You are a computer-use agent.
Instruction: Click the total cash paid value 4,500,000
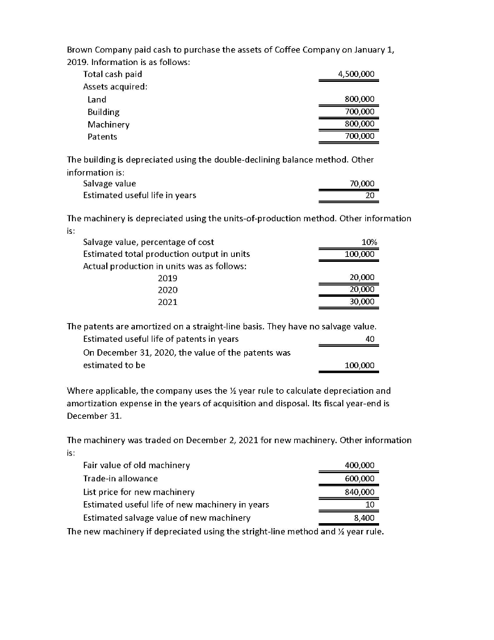tap(355, 74)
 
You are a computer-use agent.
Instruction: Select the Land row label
tap(97, 99)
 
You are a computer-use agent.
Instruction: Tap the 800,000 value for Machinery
tap(359, 124)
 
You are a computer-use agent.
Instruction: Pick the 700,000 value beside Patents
tap(359, 136)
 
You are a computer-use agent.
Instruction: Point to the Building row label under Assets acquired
tap(103, 112)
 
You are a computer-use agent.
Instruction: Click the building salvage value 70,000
tap(362, 183)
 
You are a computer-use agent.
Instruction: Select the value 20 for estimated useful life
tap(370, 195)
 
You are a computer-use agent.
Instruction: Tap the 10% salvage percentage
tap(367, 242)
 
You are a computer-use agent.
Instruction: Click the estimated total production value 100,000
tap(359, 254)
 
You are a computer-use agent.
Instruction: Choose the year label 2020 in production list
tap(167, 290)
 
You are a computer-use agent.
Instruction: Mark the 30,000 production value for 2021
tap(362, 301)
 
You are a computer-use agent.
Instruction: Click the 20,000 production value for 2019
tap(362, 277)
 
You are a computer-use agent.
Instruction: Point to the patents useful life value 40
tap(370, 339)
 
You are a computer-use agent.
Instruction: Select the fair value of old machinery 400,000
tap(359, 466)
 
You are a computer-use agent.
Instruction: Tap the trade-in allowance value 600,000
tap(359, 478)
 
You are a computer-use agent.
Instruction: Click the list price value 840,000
tap(359, 492)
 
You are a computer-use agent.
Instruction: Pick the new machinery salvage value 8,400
tap(364, 517)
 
